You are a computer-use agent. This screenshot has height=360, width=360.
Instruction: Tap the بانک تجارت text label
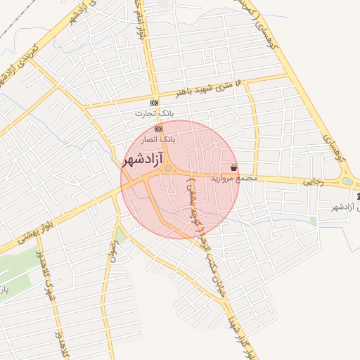155,112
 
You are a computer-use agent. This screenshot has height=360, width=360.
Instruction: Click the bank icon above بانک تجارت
154,103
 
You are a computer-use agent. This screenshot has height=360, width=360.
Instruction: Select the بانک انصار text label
158,139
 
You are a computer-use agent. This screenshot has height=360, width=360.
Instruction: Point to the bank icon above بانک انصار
158,129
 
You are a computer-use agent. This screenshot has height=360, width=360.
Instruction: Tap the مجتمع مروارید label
234,179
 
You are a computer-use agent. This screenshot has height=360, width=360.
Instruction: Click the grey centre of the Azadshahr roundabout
167,167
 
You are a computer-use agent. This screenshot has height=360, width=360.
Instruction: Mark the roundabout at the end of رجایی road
348,182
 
